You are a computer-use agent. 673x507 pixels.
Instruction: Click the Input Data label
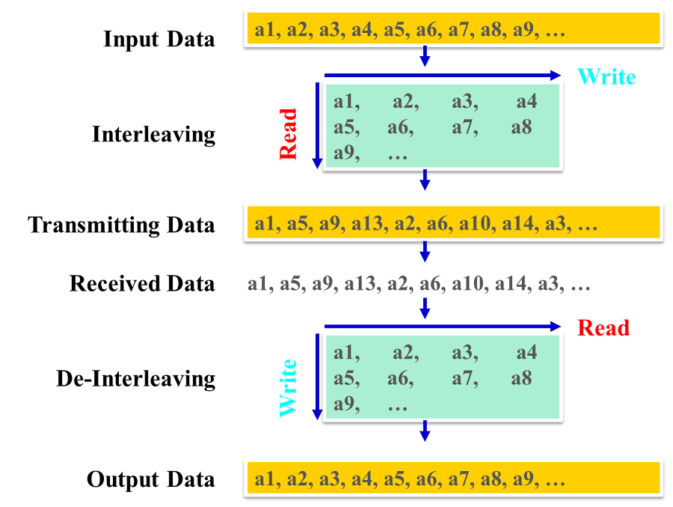pyautogui.click(x=159, y=39)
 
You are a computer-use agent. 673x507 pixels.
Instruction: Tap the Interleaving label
pyautogui.click(x=153, y=135)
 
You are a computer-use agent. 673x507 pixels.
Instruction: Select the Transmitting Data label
pyautogui.click(x=121, y=225)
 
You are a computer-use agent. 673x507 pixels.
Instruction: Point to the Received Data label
pyautogui.click(x=142, y=284)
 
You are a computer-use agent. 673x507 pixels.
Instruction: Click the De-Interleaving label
pyautogui.click(x=135, y=378)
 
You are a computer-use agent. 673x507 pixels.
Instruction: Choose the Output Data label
pyautogui.click(x=150, y=479)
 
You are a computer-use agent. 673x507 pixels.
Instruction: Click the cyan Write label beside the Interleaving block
pyautogui.click(x=606, y=76)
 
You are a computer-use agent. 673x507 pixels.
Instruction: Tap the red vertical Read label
pyautogui.click(x=288, y=134)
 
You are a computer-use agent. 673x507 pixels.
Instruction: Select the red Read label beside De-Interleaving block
pyautogui.click(x=604, y=328)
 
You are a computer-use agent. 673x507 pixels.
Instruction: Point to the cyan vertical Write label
pyautogui.click(x=288, y=387)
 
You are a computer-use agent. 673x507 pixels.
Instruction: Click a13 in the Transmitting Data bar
pyautogui.click(x=362, y=224)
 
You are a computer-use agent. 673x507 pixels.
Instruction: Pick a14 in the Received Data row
pyautogui.click(x=517, y=285)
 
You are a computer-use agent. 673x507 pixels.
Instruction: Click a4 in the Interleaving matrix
pyautogui.click(x=526, y=102)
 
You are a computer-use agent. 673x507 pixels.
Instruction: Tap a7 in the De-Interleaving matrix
pyautogui.click(x=464, y=378)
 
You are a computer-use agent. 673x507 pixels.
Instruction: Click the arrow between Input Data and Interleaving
pyautogui.click(x=425, y=55)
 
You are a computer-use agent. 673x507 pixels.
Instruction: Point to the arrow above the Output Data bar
pyautogui.click(x=425, y=430)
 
